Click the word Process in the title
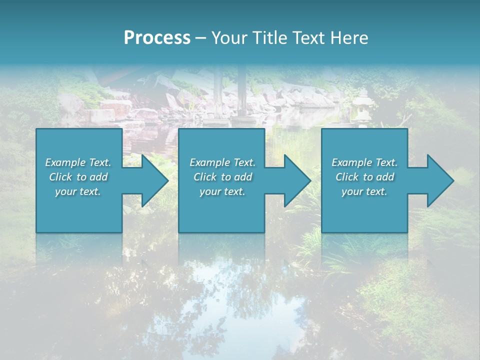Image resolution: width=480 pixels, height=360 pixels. [x=157, y=38]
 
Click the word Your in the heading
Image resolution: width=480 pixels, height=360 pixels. [x=229, y=38]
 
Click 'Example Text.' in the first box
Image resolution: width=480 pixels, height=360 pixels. [x=78, y=162]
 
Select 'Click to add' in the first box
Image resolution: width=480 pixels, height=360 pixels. [x=78, y=177]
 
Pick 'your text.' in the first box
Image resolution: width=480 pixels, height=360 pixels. [x=78, y=191]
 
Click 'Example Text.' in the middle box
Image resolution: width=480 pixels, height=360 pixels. [x=222, y=162]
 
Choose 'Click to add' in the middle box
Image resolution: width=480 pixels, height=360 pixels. [x=222, y=177]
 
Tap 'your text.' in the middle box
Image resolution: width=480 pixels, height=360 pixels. [x=222, y=191]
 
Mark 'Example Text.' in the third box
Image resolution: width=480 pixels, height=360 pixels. [x=364, y=162]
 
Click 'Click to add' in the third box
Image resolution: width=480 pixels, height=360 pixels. [x=364, y=177]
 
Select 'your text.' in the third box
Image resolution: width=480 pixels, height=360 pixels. [x=364, y=191]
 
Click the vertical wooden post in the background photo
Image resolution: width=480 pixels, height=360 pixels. [x=218, y=95]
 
